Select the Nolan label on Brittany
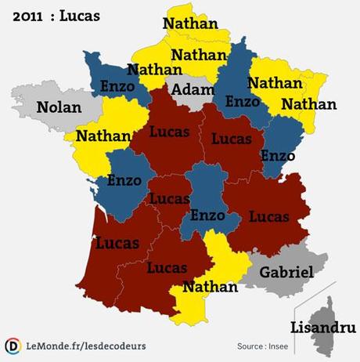coord(58,107)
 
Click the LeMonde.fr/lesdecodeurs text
coord(86,346)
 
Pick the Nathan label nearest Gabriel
coord(209,287)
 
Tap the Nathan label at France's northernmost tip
coord(189,24)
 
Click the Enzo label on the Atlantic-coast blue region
coord(124,181)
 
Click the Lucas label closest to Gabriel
coord(269,215)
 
